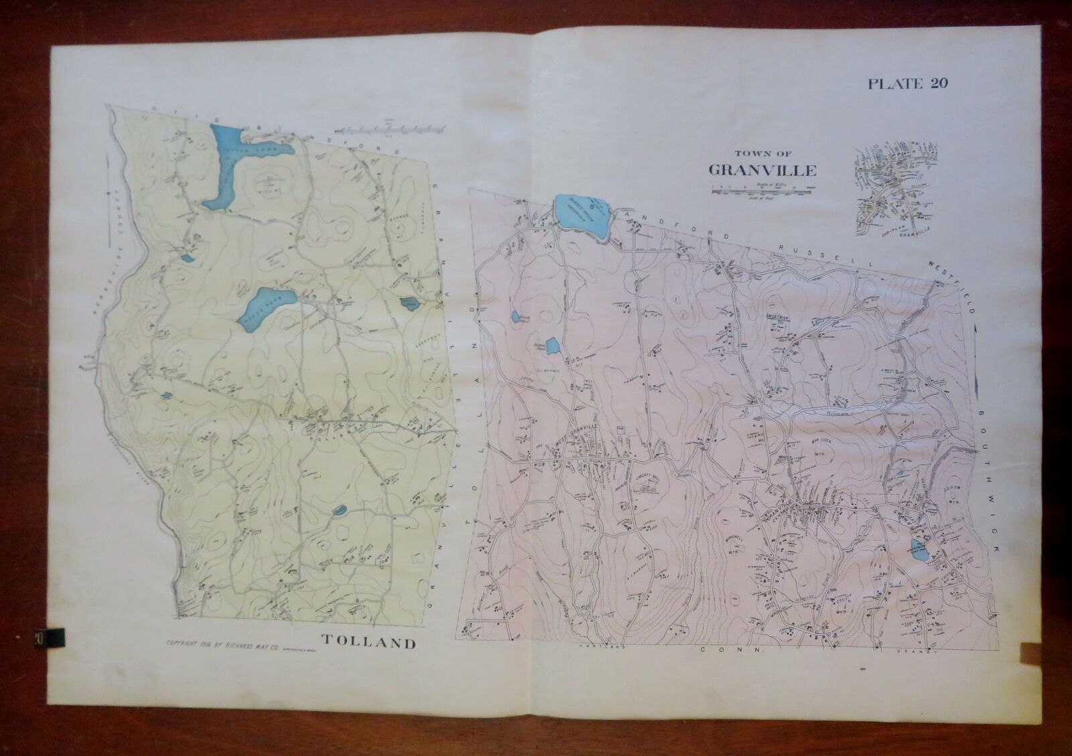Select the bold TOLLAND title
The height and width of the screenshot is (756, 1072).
[369, 644]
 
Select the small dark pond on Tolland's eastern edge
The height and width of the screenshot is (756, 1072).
[408, 304]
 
